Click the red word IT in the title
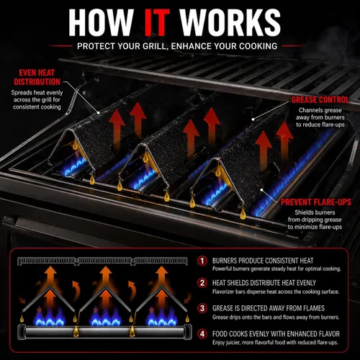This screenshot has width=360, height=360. [x=158, y=22]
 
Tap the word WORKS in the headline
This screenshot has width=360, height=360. [x=230, y=22]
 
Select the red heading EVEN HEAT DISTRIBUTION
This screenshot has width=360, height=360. [x=37, y=77]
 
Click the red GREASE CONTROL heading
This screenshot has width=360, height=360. [x=320, y=100]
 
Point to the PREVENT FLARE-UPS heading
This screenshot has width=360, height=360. [x=316, y=202]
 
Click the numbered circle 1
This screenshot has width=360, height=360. [x=202, y=261]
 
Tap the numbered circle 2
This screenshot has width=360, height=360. [x=202, y=283]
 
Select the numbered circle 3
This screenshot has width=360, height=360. [x=202, y=308]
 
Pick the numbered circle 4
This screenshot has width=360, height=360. [x=202, y=334]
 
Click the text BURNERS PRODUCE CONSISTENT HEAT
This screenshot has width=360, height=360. [x=263, y=261]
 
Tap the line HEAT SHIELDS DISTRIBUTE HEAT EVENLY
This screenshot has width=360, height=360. [x=264, y=283]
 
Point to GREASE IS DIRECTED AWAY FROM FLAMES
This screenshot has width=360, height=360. [x=269, y=308]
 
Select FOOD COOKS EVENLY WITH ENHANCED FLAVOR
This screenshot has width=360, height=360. [x=276, y=334]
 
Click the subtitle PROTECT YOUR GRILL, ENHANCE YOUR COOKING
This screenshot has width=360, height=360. [x=177, y=46]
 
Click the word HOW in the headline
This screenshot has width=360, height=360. [x=101, y=22]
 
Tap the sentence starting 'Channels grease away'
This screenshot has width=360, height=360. [x=320, y=117]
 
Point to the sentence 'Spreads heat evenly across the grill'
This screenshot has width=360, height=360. [x=37, y=100]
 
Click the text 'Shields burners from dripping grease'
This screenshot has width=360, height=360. [x=315, y=220]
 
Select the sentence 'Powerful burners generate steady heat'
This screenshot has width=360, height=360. [x=276, y=269]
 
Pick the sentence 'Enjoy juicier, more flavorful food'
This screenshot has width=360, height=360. [x=275, y=343]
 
